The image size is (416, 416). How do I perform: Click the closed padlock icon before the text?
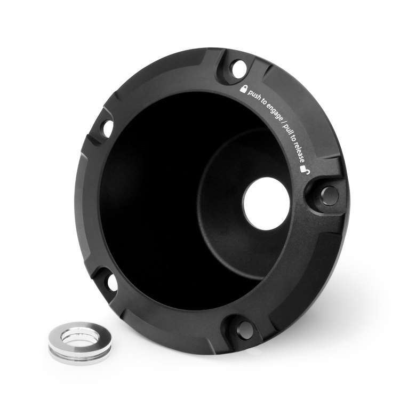[x=243, y=89]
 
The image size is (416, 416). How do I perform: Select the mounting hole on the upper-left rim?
[x=108, y=128]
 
